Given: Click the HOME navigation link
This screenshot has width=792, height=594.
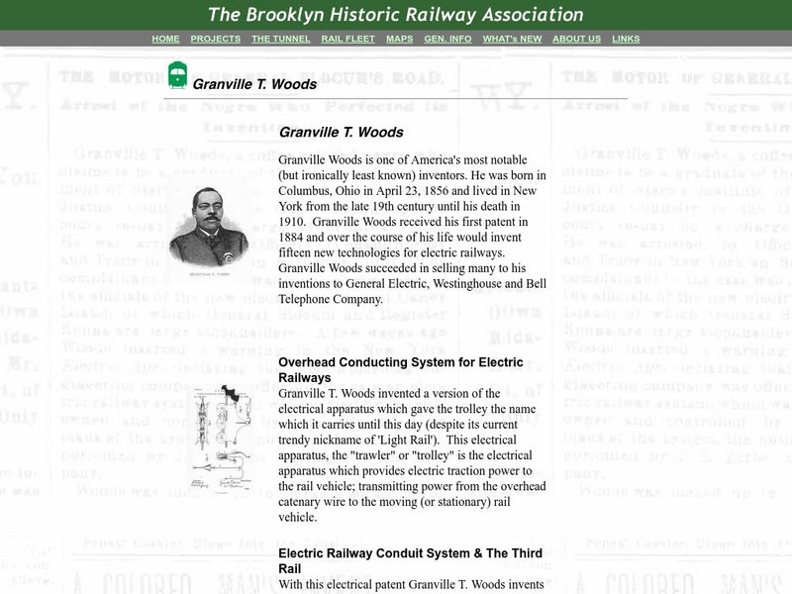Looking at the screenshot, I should tap(165, 39).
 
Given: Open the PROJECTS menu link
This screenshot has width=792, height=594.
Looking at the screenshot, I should tap(215, 39).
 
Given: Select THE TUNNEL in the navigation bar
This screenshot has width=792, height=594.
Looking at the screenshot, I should tap(280, 39).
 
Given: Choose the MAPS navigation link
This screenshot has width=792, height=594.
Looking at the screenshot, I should tap(399, 39).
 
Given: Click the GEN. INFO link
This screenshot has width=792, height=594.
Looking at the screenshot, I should tap(447, 39).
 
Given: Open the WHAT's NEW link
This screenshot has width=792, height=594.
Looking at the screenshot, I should tap(512, 39).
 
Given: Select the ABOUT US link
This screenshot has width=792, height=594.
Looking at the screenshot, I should tap(576, 39).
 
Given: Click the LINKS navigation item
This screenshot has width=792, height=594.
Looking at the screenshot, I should tap(626, 39).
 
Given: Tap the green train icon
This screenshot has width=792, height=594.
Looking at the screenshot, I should tap(177, 75).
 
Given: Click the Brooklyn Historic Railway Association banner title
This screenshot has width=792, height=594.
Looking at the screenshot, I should tap(395, 15).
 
